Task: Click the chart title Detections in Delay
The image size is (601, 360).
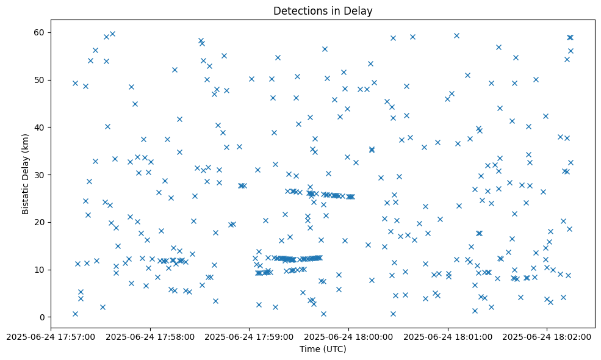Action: (323, 11)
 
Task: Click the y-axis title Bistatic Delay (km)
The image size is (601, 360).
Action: (25, 174)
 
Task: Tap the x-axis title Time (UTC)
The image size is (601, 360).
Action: (323, 349)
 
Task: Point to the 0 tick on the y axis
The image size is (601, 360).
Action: (42, 317)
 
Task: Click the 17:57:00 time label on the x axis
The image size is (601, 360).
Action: (51, 336)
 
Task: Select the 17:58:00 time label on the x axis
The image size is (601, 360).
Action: (149, 336)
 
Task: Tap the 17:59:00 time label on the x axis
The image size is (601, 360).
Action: (249, 336)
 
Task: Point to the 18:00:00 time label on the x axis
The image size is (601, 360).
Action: (348, 336)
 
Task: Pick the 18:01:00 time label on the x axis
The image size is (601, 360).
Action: (448, 336)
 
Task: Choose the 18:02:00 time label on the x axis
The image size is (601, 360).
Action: (547, 336)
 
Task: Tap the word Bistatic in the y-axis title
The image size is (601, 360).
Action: (25, 195)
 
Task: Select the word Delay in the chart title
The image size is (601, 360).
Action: (360, 11)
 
